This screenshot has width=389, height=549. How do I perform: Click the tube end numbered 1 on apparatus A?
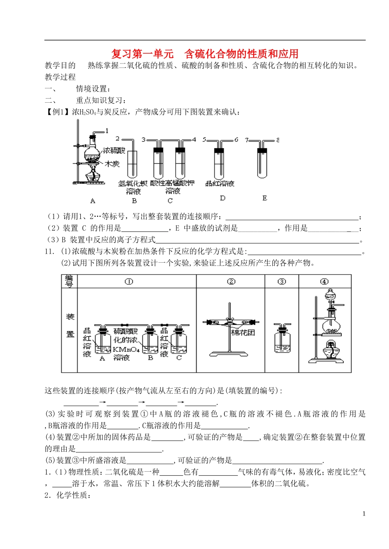tap(107, 131)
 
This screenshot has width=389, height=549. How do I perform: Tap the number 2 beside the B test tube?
tap(118, 139)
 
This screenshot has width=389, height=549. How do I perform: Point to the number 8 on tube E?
tap(278, 140)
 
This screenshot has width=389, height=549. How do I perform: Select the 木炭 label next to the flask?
tap(112, 164)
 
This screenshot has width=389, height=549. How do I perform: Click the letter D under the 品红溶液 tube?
tap(222, 198)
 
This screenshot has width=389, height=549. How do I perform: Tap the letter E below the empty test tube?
tap(265, 198)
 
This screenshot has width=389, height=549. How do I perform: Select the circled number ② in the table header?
tap(231, 281)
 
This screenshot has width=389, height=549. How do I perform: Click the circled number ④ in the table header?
tap(324, 281)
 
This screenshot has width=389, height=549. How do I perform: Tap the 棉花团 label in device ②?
tap(243, 333)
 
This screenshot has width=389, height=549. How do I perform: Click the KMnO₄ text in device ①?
tap(126, 350)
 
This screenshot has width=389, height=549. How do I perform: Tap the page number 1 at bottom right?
tap(364, 514)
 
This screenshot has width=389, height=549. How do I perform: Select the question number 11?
tap(49, 251)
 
